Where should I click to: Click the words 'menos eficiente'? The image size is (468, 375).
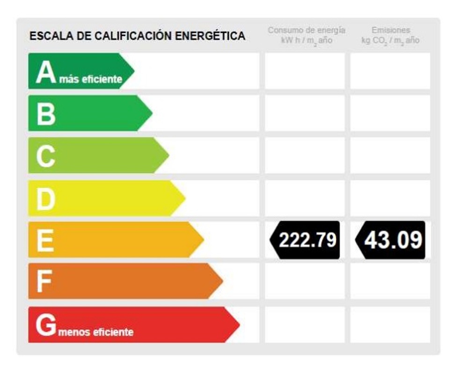[96, 332]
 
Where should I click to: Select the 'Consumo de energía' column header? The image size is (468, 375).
[307, 30]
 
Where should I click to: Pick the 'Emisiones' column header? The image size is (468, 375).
[390, 30]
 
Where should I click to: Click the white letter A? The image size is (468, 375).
[45, 73]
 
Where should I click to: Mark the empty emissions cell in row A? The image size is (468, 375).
[390, 71]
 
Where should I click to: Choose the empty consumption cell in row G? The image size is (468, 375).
[305, 324]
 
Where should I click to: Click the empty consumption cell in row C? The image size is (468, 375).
[305, 155]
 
